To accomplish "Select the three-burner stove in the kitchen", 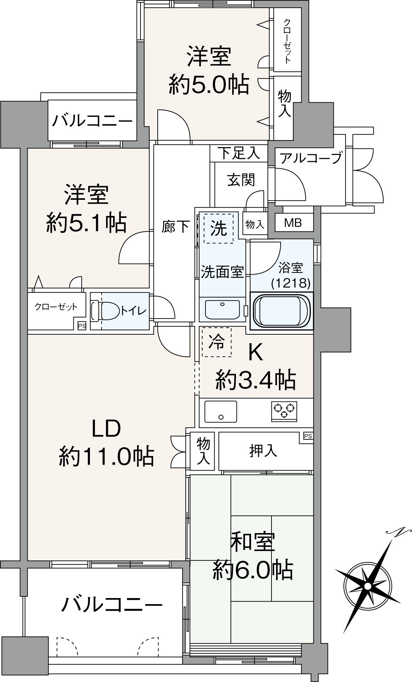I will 284,411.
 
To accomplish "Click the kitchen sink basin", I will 221,412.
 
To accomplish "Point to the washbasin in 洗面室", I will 222,309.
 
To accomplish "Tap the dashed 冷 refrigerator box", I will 216,342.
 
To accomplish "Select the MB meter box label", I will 293,223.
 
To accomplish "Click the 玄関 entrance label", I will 241,180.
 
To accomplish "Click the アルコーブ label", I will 310,158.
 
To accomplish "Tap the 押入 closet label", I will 263,451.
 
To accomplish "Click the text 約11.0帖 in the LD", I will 106,456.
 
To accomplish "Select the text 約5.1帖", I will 86,222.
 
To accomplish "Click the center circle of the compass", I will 367,586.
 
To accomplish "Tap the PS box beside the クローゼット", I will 81,326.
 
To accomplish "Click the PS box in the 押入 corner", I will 308,437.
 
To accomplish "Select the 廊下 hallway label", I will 175,227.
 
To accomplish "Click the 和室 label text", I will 252,542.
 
